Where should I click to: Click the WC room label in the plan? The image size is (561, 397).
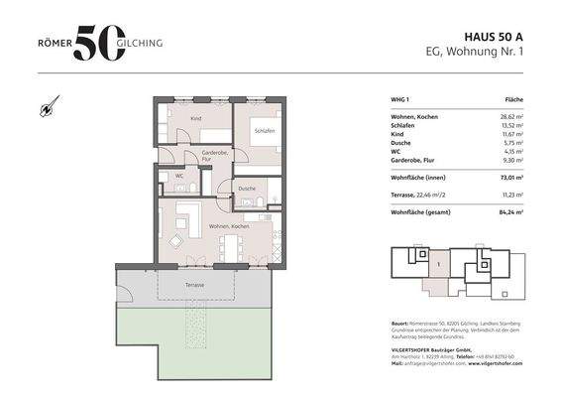[179, 177]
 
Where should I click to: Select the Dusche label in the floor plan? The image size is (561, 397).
[247, 188]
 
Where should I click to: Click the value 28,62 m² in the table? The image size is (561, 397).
[507, 117]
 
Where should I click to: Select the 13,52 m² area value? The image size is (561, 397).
[507, 126]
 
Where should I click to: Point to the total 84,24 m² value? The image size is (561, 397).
[506, 210]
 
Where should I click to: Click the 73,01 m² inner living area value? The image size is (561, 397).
[506, 180]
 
